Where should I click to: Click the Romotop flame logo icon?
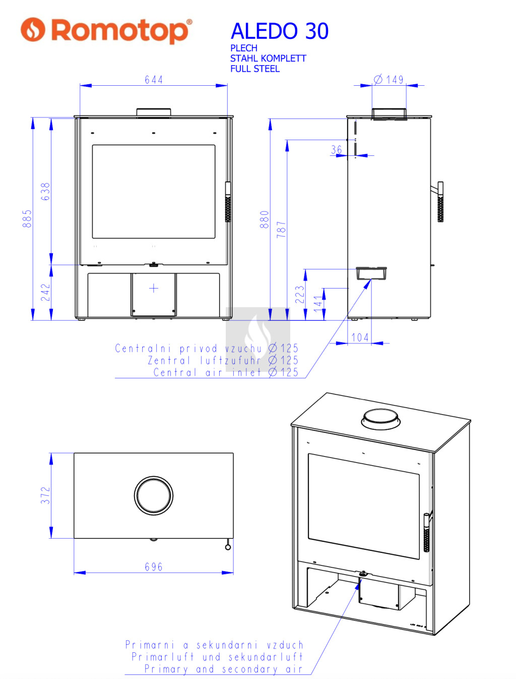[33, 29]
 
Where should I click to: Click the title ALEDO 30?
[279, 31]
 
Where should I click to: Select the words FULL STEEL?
[255, 69]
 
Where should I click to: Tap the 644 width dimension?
[154, 80]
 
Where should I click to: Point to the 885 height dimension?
[27, 218]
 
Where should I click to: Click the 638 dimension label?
[45, 191]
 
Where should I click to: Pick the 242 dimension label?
[45, 292]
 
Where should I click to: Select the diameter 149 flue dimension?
[389, 80]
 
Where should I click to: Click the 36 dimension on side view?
[337, 150]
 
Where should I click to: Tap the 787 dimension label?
[282, 229]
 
